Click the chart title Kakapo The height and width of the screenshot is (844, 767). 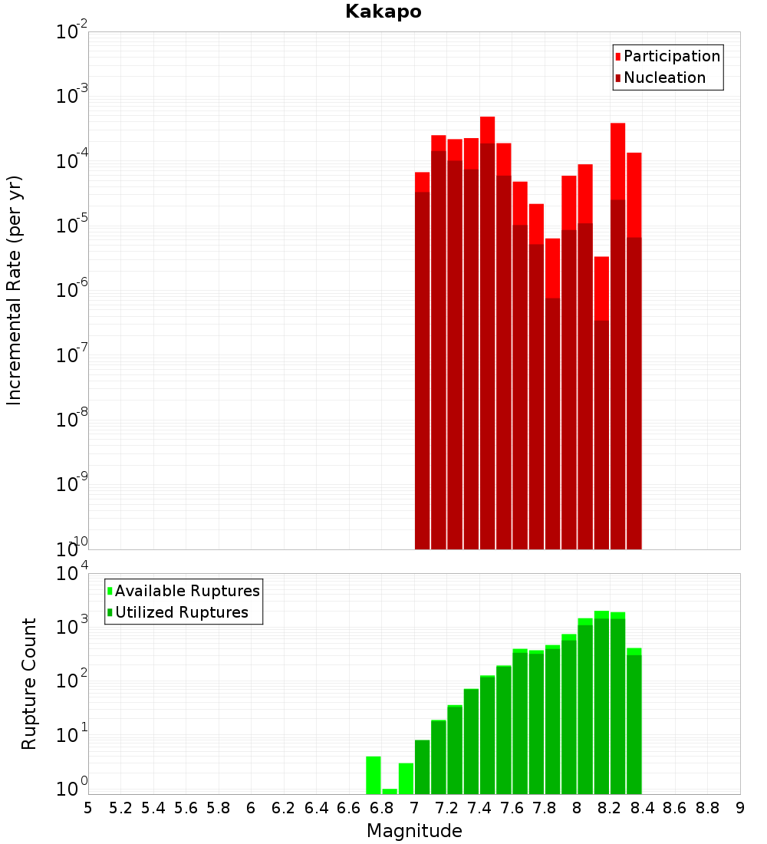[383, 12]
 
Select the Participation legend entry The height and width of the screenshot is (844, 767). [667, 56]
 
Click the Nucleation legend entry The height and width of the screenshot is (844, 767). [660, 77]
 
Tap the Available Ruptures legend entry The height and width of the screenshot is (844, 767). [183, 591]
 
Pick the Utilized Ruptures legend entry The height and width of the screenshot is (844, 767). [178, 612]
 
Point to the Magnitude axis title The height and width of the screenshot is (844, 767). [414, 830]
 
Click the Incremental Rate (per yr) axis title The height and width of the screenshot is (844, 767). [14, 290]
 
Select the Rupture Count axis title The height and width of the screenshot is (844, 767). [28, 684]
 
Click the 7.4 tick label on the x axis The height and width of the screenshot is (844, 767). [479, 808]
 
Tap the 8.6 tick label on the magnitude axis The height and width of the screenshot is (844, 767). [674, 808]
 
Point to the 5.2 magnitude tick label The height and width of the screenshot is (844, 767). [120, 808]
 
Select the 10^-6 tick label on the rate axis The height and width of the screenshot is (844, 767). [71, 289]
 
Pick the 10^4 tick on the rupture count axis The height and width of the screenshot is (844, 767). [71, 572]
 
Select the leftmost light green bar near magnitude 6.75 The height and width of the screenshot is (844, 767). [373, 775]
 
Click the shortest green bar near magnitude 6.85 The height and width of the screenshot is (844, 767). [389, 791]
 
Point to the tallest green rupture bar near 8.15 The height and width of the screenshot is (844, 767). [601, 702]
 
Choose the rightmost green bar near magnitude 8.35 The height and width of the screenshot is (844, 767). [634, 720]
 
